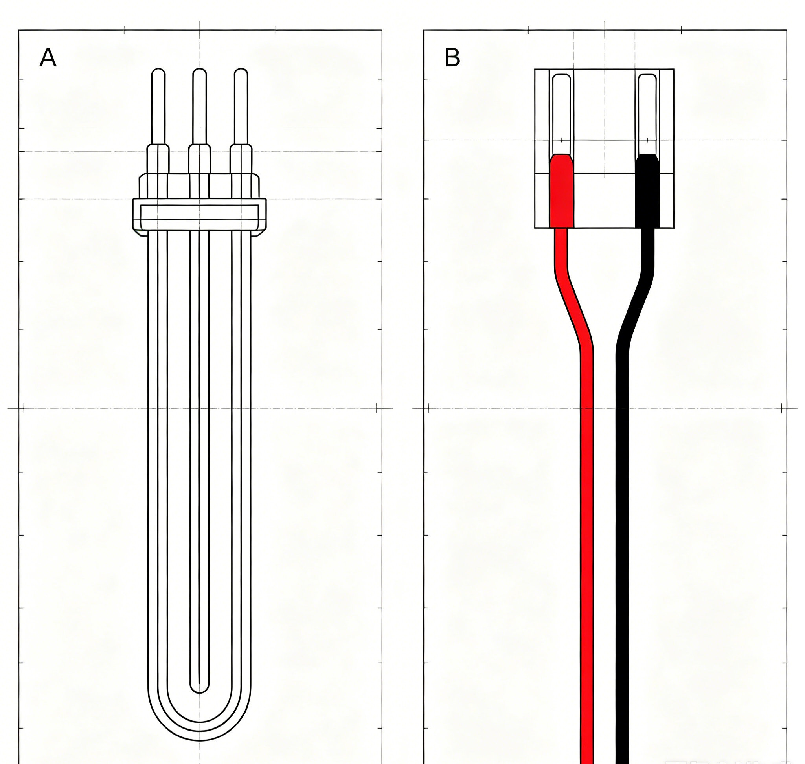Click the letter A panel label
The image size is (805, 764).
(x=48, y=58)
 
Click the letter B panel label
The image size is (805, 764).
(x=452, y=57)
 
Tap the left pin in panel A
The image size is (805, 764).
(x=158, y=106)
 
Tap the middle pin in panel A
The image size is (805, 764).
(x=200, y=106)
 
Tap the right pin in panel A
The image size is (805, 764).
(x=241, y=106)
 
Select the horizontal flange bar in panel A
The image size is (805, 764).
(x=200, y=215)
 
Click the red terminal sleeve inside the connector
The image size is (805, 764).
(x=562, y=191)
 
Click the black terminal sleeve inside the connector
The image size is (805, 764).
(x=647, y=191)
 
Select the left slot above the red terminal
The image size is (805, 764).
(x=561, y=114)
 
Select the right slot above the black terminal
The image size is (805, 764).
(x=647, y=114)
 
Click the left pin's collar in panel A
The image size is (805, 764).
(x=158, y=159)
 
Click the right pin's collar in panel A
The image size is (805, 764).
(x=241, y=159)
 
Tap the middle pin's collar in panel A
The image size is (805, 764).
(x=200, y=159)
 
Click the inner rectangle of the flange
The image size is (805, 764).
(x=200, y=213)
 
